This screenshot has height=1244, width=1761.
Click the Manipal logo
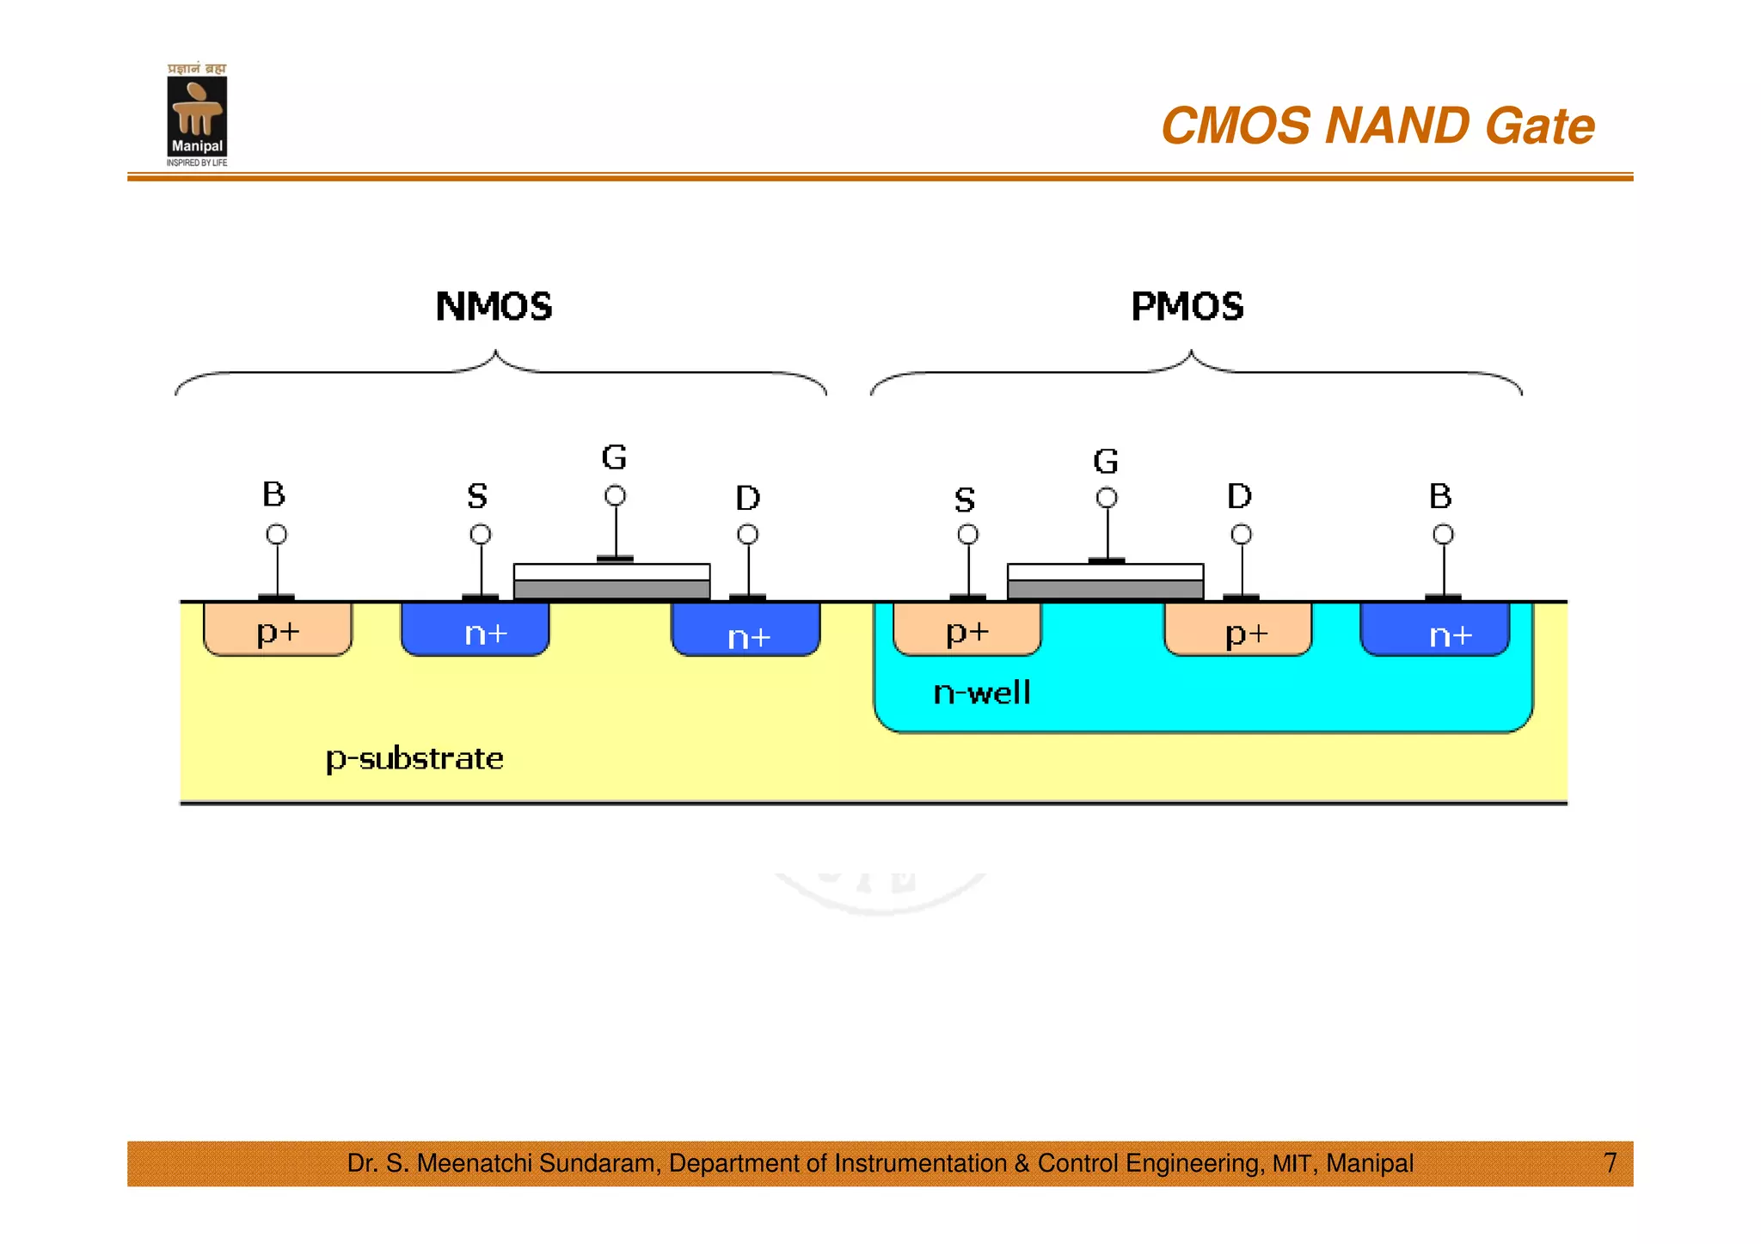click(x=197, y=115)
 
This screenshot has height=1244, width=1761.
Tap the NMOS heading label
click(x=494, y=307)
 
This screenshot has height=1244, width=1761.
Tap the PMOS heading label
click(x=1187, y=307)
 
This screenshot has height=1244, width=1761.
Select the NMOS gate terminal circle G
click(x=615, y=496)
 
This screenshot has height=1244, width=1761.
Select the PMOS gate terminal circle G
click(x=1107, y=498)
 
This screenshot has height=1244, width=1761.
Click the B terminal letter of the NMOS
click(x=273, y=494)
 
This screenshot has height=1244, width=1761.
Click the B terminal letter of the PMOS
click(x=1440, y=496)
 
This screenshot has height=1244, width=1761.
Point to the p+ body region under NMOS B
click(x=278, y=630)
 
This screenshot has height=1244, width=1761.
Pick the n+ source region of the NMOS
click(x=476, y=630)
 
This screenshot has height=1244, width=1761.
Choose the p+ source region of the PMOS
click(x=967, y=630)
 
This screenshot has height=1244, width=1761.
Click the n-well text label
click(x=981, y=693)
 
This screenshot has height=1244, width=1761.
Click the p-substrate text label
click(x=414, y=758)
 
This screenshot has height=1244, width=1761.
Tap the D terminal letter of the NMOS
click(x=747, y=498)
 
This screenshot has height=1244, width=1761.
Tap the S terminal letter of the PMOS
click(x=965, y=499)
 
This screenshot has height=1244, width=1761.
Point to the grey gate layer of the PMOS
click(x=1105, y=590)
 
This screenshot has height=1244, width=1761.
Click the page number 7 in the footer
click(x=1611, y=1162)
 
